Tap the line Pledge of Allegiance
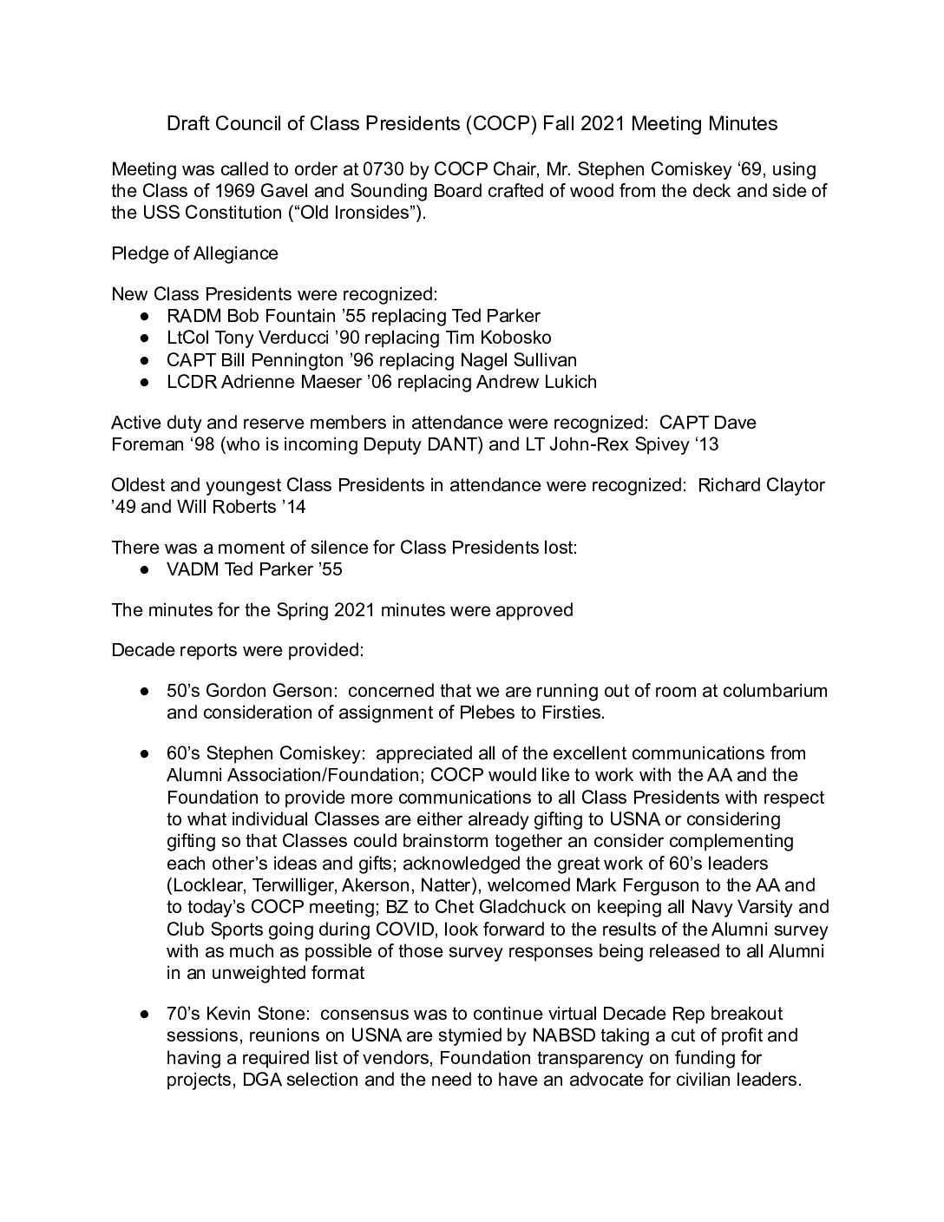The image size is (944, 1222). pyautogui.click(x=195, y=253)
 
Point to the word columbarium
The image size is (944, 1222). pyautogui.click(x=776, y=691)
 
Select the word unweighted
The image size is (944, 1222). pyautogui.click(x=226, y=973)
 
